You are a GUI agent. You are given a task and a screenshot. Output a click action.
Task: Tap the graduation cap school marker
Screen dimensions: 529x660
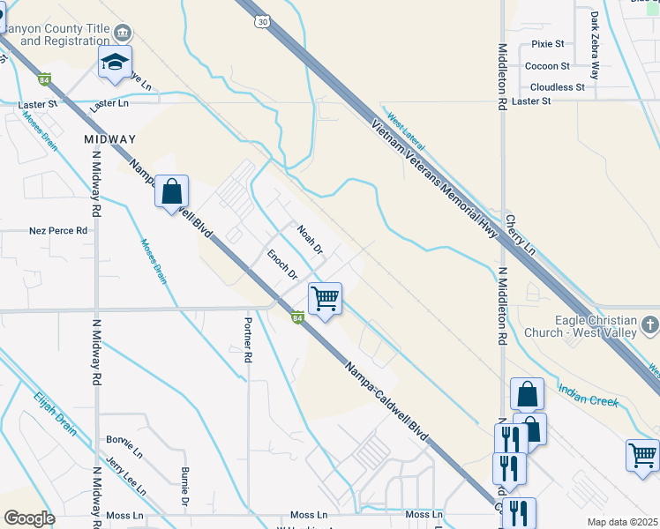(115, 63)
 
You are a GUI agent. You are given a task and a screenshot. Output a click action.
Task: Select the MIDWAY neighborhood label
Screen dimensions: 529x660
(110, 139)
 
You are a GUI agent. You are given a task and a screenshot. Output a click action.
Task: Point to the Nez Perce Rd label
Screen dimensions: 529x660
(59, 231)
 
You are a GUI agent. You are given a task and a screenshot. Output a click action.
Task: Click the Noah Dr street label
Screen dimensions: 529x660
(310, 240)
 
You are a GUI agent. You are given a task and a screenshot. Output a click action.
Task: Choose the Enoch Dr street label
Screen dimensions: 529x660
(282, 264)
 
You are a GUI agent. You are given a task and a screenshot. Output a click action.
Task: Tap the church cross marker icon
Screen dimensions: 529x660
(650, 325)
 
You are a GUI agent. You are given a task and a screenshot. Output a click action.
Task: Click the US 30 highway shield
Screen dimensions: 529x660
(261, 20)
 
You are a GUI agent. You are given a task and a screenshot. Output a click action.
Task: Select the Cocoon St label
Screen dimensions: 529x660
(547, 66)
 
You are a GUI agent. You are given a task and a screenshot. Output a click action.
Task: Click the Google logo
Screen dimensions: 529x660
(29, 518)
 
